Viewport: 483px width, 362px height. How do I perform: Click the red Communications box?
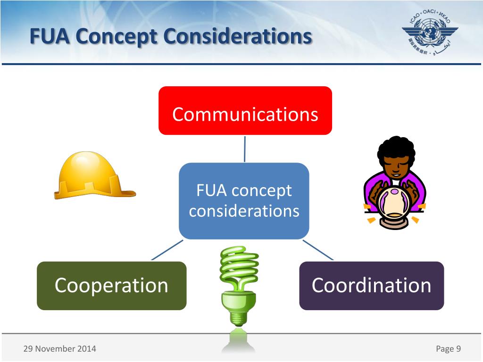click(245, 111)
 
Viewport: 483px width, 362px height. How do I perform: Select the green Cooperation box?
click(111, 286)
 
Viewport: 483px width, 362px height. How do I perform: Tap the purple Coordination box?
click(371, 286)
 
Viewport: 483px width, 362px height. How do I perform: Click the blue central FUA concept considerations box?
click(244, 201)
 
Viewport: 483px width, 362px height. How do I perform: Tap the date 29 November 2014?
click(59, 349)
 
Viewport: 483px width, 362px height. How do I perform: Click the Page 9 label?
click(448, 349)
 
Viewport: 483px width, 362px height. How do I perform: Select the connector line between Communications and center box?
click(244, 148)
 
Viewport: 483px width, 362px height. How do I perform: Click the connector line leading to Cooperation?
click(167, 250)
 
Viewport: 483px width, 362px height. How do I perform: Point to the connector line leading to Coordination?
click(318, 250)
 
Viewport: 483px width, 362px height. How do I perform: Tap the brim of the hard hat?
click(94, 193)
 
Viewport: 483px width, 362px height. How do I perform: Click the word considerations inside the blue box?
click(244, 211)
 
